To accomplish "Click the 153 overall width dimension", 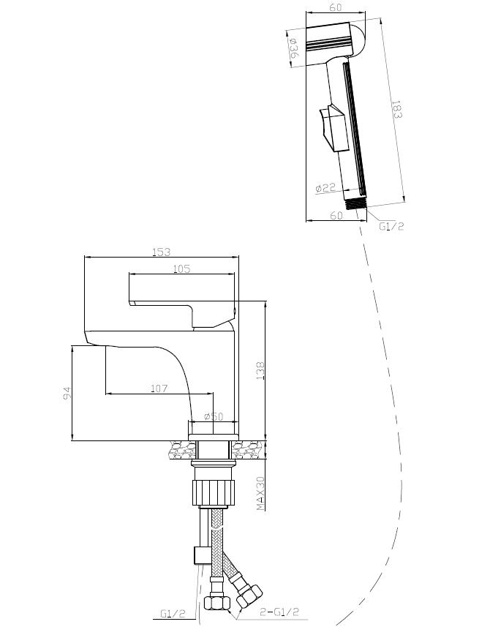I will (162, 252).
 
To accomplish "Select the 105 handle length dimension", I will (182, 269).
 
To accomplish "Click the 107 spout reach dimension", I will (160, 388).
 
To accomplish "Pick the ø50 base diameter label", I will (213, 416).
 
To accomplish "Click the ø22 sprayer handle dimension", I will (325, 188).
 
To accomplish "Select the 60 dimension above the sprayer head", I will (336, 8).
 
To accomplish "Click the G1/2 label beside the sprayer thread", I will (391, 226).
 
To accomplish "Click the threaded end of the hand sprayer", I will (356, 203).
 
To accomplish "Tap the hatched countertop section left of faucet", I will (177, 448).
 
